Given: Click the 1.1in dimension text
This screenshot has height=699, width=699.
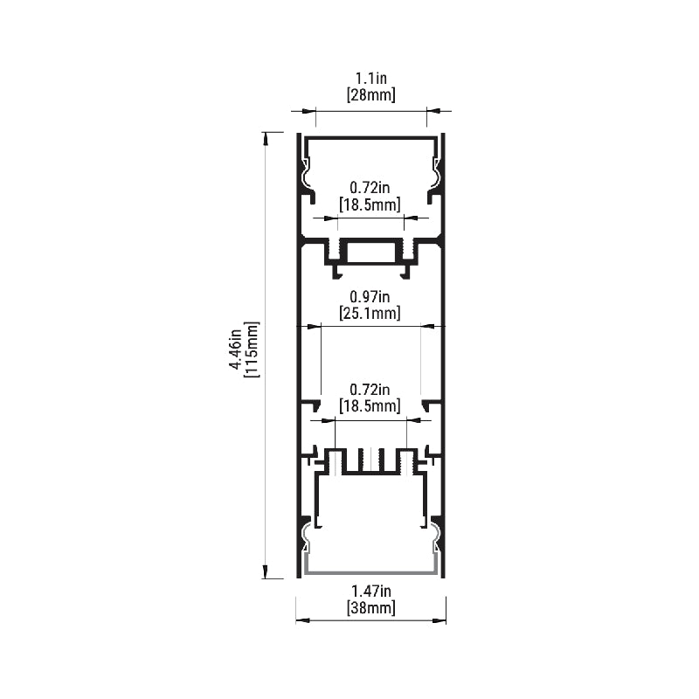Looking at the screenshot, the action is tap(370, 79).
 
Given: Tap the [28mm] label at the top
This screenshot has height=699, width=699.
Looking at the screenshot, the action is tap(370, 95).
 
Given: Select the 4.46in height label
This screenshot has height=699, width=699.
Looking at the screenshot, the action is tap(235, 349).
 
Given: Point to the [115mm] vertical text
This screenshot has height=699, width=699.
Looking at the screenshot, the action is tap(251, 349).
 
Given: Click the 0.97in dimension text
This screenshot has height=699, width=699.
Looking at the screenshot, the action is tap(370, 296).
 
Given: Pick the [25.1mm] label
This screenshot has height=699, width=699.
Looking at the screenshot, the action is tap(370, 313).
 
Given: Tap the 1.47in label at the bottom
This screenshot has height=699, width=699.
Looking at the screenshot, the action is tap(370, 592).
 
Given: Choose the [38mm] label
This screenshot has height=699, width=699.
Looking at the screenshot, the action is tap(370, 607).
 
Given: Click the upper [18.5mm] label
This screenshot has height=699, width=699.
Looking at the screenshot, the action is tap(370, 204).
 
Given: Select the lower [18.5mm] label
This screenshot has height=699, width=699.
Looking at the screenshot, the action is tap(370, 405).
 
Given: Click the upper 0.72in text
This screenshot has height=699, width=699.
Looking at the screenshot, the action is tap(370, 188).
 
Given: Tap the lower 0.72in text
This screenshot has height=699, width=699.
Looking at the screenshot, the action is tap(370, 390).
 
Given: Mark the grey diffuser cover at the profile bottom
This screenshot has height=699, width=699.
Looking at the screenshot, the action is tap(370, 571).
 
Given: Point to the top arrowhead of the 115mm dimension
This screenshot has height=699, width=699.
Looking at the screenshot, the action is tap(266, 138).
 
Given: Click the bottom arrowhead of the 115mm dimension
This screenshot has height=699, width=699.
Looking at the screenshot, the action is tap(266, 572).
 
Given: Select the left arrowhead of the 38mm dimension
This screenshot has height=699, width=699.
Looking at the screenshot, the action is tap(302, 619).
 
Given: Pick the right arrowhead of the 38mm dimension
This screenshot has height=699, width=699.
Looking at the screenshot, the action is tap(439, 619).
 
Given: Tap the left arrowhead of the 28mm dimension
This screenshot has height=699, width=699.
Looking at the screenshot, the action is tap(309, 111).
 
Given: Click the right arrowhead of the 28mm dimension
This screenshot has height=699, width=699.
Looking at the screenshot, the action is tap(433, 111).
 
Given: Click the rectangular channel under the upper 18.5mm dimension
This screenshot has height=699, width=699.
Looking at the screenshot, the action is tap(370, 253).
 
